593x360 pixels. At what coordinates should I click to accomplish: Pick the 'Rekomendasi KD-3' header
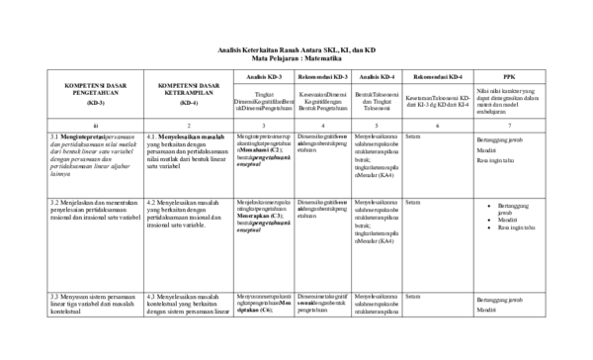click(322, 75)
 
